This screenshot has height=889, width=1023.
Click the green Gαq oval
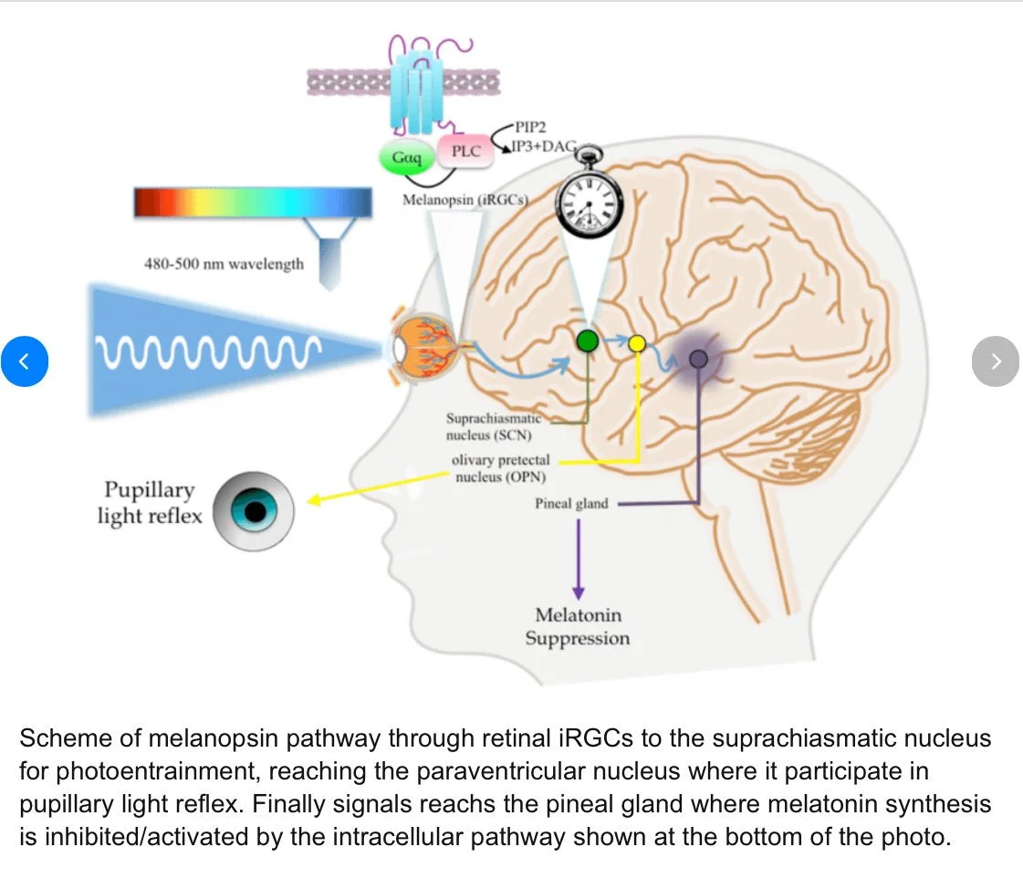coord(407,158)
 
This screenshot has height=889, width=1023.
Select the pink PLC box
coord(465,152)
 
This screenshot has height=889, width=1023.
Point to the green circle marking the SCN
coord(588,341)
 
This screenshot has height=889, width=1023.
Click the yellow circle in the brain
coord(637,343)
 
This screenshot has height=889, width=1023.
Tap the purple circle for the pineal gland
coord(698,359)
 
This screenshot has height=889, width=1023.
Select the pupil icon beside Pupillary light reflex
coord(254,511)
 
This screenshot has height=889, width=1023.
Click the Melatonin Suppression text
coord(577,626)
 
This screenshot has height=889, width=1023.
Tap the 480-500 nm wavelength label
coord(224,264)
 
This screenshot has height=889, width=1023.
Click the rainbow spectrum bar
coord(252,201)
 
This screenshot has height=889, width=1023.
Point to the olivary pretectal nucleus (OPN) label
coord(501,468)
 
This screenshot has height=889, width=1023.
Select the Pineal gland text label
coord(571,503)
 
